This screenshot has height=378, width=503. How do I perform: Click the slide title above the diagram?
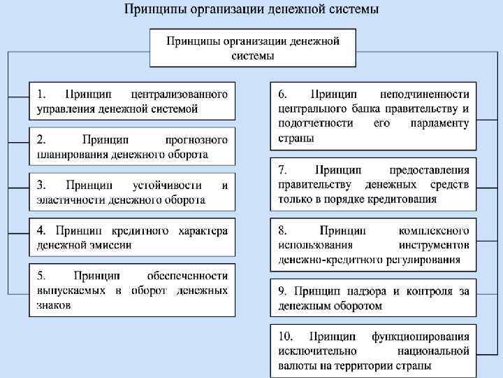(x=251, y=10)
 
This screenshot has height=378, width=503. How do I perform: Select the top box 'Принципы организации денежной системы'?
(x=252, y=48)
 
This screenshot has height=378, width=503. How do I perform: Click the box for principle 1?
(x=132, y=101)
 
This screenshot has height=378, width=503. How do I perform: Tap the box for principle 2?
(x=132, y=146)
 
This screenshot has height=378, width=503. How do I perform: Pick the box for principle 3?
(x=132, y=192)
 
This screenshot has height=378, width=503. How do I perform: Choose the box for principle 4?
(x=132, y=237)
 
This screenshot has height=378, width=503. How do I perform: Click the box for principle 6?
(x=373, y=115)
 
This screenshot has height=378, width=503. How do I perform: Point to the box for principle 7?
(x=373, y=184)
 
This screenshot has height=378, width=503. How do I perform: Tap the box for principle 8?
(x=373, y=244)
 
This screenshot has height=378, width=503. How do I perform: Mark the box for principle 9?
(x=373, y=298)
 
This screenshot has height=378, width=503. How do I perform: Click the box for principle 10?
(x=373, y=350)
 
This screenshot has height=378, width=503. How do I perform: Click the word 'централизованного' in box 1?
(x=180, y=93)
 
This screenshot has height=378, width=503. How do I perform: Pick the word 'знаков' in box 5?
(x=54, y=305)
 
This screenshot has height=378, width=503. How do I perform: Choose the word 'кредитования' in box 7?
(x=403, y=199)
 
